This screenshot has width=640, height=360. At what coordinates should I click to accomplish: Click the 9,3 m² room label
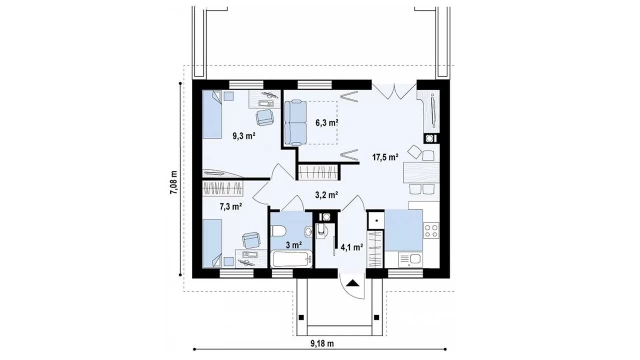click(x=243, y=136)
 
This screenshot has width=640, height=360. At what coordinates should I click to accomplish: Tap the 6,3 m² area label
click(x=327, y=123)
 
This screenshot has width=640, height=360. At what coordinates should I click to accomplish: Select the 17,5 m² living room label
click(x=385, y=157)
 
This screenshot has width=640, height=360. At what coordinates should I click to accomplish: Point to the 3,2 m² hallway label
click(x=326, y=195)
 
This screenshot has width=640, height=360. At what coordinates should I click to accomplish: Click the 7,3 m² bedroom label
click(x=231, y=206)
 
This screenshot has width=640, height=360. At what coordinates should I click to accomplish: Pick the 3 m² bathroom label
click(x=294, y=245)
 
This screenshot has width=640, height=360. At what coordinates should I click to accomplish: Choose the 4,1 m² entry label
click(x=351, y=247)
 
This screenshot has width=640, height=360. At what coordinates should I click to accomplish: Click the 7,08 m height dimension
click(x=173, y=182)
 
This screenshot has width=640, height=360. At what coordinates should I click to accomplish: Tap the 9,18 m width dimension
click(x=322, y=343)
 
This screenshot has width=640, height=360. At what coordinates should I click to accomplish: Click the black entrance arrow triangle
click(x=353, y=283)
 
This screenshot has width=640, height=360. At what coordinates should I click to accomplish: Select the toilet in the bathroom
click(x=278, y=231)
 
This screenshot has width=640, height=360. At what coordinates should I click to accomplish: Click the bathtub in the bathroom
click(x=291, y=259)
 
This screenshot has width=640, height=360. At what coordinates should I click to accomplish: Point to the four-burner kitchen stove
click(x=431, y=230)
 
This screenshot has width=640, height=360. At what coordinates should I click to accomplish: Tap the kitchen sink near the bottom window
click(x=410, y=259)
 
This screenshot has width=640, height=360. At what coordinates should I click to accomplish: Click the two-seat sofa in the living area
click(x=295, y=122)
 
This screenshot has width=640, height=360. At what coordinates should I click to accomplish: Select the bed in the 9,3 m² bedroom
click(x=212, y=114)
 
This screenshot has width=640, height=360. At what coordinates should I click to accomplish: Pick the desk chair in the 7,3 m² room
click(x=251, y=240)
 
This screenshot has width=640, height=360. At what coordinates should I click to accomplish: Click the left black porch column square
click(x=301, y=317)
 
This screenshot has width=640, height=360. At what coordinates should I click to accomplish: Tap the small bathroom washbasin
click(x=309, y=231)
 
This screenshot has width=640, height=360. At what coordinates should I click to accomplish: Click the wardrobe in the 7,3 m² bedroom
click(x=222, y=188)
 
